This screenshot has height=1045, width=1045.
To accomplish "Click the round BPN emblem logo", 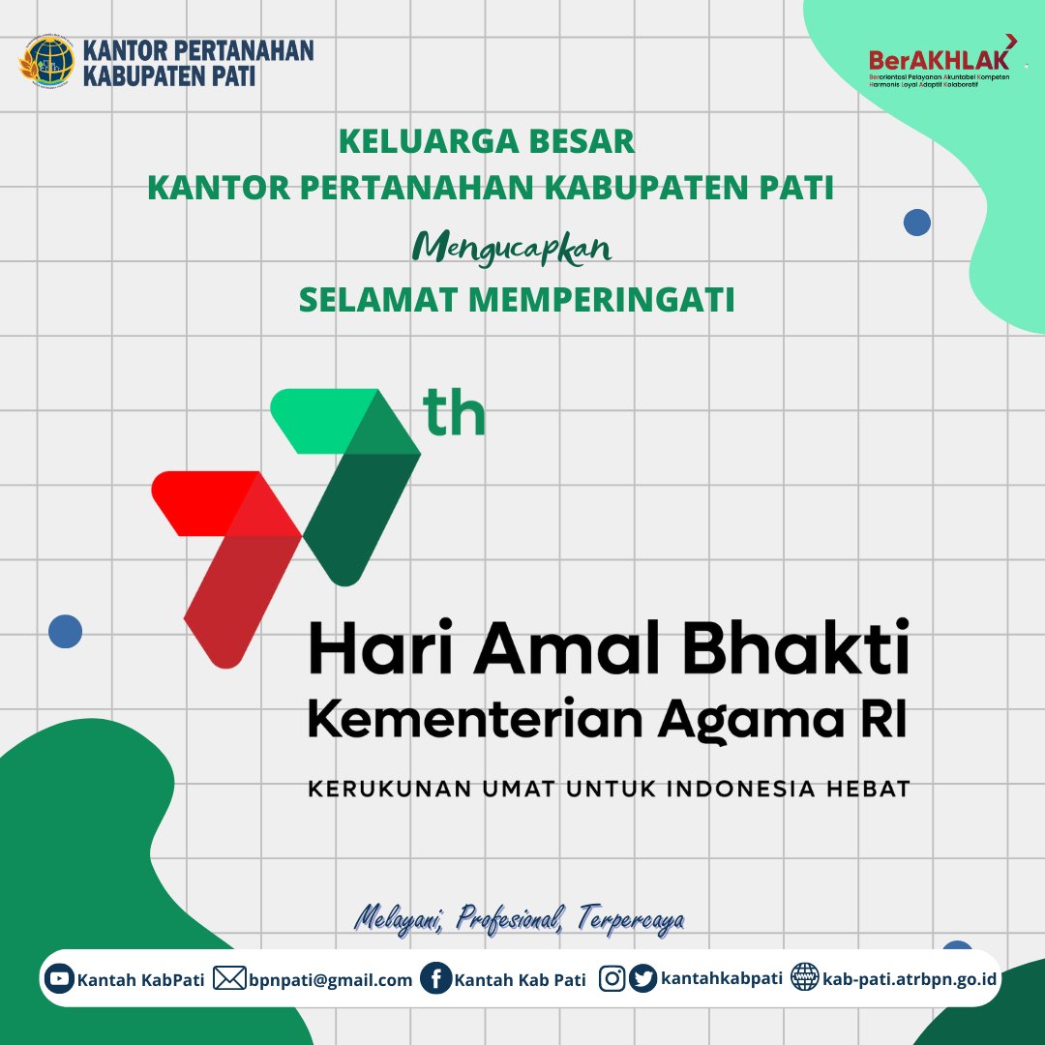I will (45, 62).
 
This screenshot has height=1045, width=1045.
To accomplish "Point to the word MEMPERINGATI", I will (602, 300).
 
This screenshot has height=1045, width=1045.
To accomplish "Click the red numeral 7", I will (229, 561).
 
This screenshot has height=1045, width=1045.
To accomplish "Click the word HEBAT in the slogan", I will (869, 789).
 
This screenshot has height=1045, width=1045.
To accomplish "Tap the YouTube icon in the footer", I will (60, 979).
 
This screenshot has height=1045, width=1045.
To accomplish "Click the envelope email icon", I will (229, 979).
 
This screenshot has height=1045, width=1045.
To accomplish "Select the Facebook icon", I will (436, 979).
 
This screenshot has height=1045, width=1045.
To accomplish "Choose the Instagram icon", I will (612, 979).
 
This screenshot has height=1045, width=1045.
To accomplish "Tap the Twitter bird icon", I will (642, 979).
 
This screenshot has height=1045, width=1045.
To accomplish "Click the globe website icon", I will (804, 978).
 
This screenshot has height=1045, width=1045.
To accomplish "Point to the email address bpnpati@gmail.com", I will (330, 980).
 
